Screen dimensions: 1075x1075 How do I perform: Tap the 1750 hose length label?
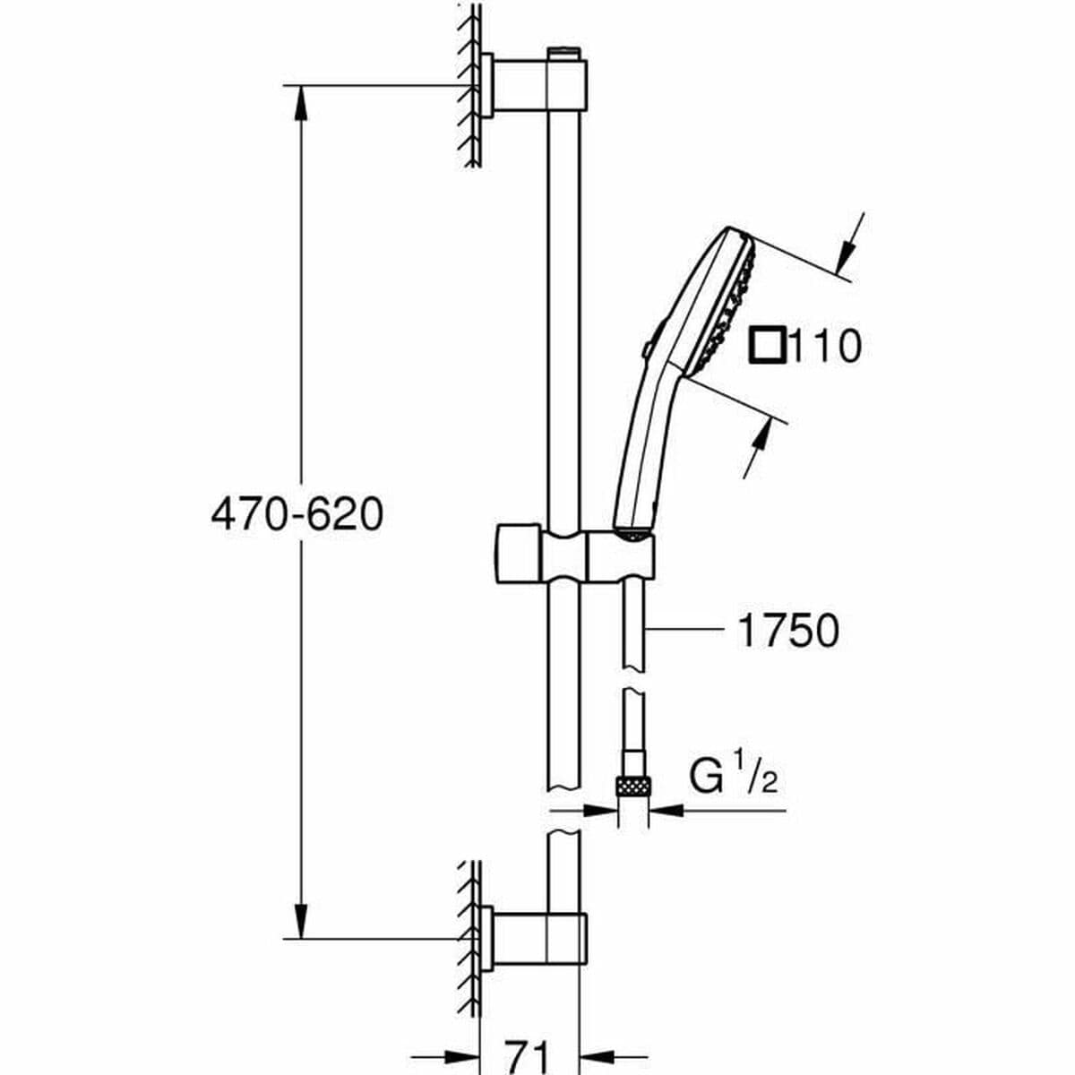(787, 630)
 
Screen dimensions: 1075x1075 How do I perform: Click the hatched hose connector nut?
(633, 787)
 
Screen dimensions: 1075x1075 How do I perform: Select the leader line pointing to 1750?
(685, 630)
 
